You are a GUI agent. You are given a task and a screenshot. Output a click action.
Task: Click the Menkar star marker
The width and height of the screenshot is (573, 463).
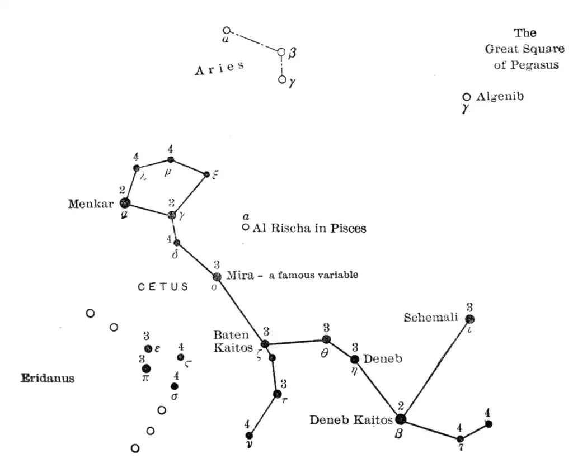coord(125,203)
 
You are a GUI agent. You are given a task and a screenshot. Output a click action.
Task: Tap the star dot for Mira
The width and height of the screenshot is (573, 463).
coord(217,276)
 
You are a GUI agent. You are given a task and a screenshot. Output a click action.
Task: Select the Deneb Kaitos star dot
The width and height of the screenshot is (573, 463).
coord(401,419)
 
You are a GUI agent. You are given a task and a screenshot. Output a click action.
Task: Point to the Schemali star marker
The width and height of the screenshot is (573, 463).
coord(469,319)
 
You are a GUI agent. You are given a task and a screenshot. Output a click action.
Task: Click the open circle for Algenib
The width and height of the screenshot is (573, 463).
coord(467,97)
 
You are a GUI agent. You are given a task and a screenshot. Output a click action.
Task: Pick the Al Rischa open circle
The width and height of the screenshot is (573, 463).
coord(246,227)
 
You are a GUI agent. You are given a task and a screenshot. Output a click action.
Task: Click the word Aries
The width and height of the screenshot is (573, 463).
coord(219,68)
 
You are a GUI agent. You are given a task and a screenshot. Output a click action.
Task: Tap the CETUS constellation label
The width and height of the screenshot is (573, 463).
coord(163,287)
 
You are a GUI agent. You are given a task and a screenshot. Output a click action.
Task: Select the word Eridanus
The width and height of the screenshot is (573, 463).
coord(48,379)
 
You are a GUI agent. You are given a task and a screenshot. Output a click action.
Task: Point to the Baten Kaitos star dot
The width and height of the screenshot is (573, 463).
coord(265,343)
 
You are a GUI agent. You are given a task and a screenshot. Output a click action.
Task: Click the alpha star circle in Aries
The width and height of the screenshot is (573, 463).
coord(226,30)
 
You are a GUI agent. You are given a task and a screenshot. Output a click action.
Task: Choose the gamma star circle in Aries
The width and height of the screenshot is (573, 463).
coord(282,79)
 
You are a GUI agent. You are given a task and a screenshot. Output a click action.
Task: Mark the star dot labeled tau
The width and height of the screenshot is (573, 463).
coord(277,394)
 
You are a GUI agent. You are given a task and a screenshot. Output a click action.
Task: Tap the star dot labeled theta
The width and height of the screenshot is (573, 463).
coord(326,339)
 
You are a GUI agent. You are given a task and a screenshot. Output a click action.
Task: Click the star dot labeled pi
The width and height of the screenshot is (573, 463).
coord(146,368)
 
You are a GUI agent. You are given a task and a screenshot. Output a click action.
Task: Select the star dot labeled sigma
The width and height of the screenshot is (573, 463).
coord(175,386)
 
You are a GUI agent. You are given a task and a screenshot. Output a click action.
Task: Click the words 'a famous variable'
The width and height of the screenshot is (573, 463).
coord(313,275)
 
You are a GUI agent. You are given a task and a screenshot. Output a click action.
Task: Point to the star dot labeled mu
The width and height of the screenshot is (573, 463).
coord(171,159)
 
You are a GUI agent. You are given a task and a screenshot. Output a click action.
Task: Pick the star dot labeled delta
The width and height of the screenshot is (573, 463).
coord(177,243)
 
